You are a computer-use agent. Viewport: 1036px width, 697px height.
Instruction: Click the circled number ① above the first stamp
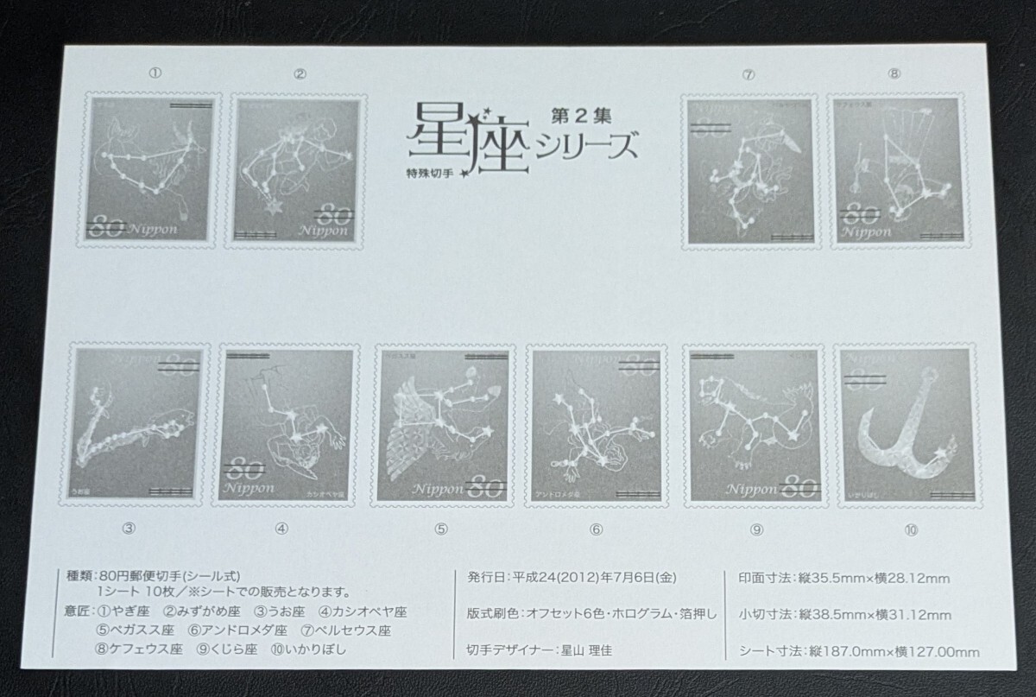(155, 74)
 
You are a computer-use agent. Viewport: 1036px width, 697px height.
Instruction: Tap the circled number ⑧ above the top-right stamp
(894, 74)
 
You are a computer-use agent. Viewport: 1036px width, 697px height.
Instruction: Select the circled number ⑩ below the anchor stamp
(906, 530)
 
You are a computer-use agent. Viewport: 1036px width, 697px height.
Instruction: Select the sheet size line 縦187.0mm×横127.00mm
(888, 649)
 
